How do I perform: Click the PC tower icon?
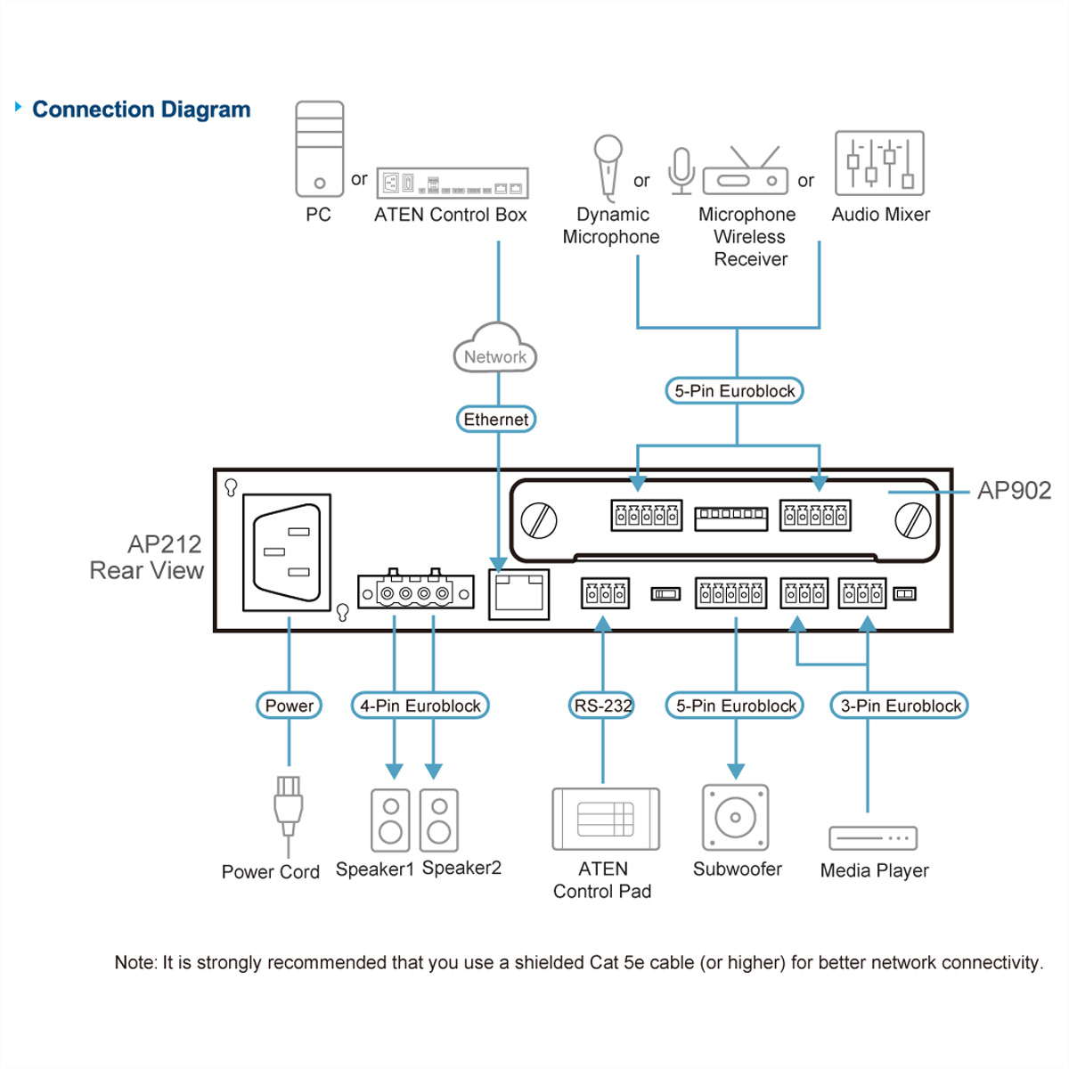coord(320,149)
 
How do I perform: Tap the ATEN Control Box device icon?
coord(452,183)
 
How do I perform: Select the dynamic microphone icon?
coord(608,167)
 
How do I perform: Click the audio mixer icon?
coord(879,163)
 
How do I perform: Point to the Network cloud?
coord(495,350)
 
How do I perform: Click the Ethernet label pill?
coord(496,420)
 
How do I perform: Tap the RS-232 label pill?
coord(602,706)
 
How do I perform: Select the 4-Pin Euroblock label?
coord(420,706)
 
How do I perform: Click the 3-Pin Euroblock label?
coord(900,706)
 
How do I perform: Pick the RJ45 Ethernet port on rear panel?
coord(518,594)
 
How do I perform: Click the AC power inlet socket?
coord(287,552)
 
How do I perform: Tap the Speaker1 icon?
coord(390,820)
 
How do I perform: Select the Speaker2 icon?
coord(439,820)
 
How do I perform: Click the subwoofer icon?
coord(735,817)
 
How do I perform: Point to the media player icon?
coord(872,838)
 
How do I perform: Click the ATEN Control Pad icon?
coord(606,819)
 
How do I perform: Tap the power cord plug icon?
coord(288,806)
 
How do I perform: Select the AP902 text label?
coord(1014,491)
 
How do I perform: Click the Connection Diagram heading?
coord(141,110)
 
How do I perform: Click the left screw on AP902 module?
coord(538,519)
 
